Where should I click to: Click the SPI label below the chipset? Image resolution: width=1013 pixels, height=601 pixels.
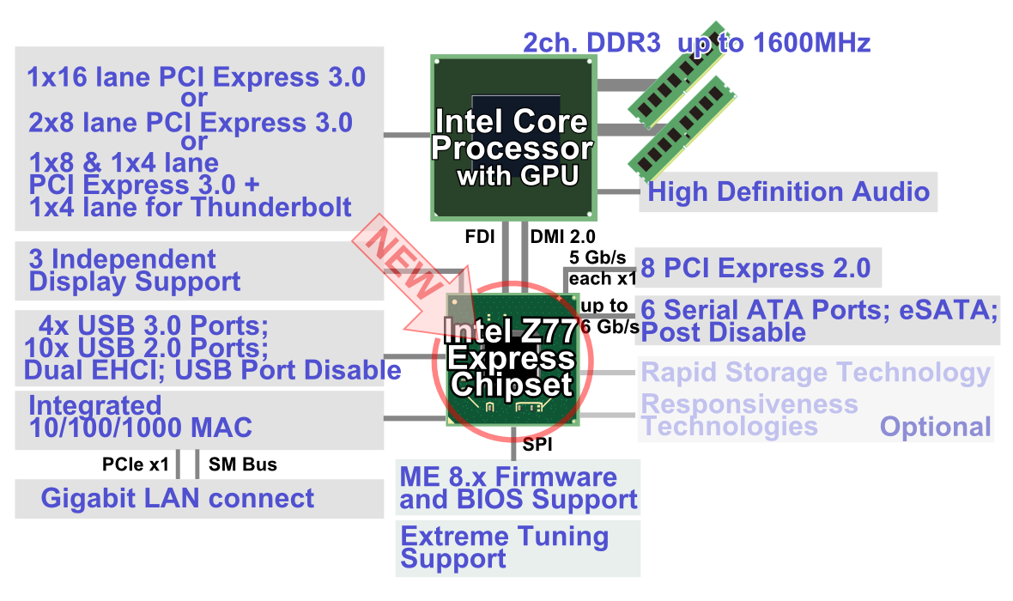click(x=537, y=445)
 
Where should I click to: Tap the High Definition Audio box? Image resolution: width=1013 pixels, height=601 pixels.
click(x=788, y=191)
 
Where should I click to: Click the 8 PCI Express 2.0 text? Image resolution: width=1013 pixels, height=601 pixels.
click(x=755, y=269)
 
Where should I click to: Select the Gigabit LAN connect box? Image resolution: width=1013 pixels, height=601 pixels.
click(x=199, y=499)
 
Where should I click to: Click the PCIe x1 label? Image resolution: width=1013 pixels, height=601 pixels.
click(x=136, y=465)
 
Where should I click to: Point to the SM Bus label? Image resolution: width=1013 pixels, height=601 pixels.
click(x=243, y=465)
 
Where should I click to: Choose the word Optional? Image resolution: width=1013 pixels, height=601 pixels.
click(x=935, y=427)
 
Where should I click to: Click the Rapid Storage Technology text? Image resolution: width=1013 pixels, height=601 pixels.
click(x=816, y=373)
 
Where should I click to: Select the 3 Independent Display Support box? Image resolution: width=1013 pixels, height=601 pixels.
click(x=199, y=270)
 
